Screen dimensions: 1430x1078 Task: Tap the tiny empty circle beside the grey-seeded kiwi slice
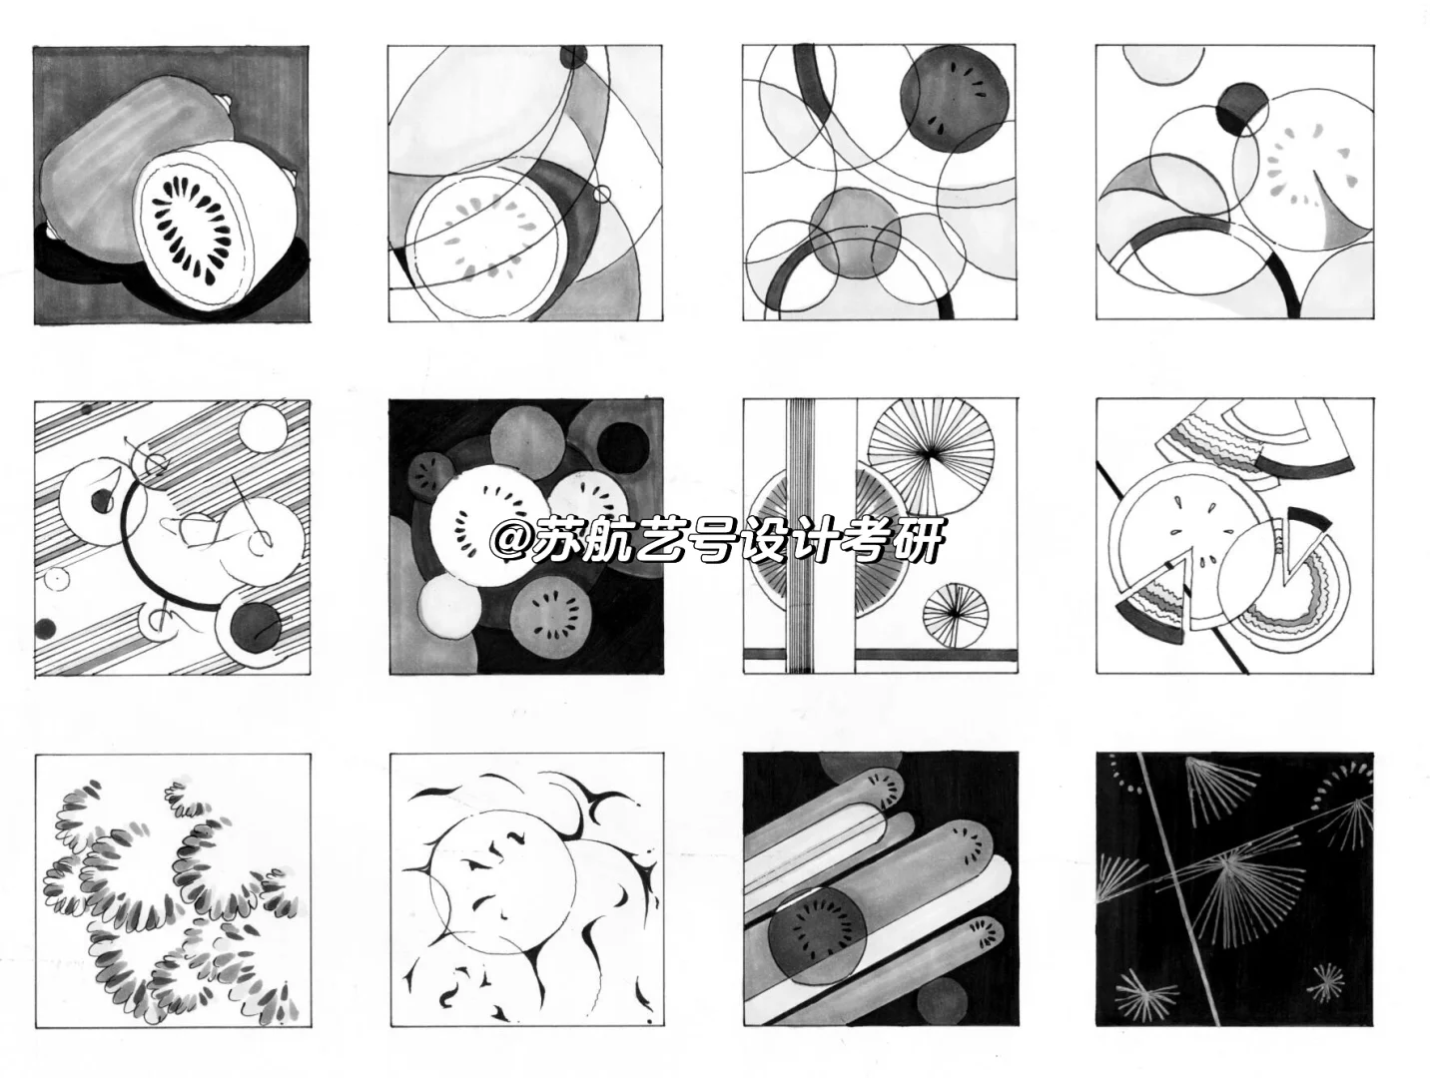click(602, 194)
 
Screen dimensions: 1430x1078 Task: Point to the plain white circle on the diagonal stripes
click(264, 427)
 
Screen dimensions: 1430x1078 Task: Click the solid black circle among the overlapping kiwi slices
click(621, 448)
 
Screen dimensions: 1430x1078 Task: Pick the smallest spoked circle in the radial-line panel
click(955, 615)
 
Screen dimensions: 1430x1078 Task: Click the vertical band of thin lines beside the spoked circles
click(800, 535)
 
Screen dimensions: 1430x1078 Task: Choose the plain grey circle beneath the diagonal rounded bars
click(941, 1001)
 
